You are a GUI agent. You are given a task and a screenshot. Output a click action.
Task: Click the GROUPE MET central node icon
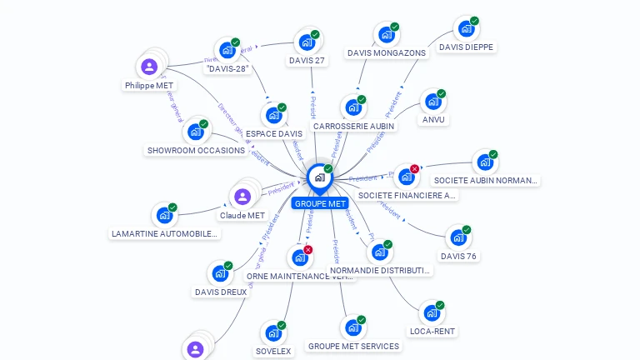pyautogui.click(x=318, y=177)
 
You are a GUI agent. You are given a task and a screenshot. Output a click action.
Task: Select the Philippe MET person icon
pyautogui.click(x=149, y=67)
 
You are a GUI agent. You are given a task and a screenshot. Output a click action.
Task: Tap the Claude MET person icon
pyautogui.click(x=242, y=197)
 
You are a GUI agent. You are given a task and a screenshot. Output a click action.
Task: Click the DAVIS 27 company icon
pyautogui.click(x=306, y=42)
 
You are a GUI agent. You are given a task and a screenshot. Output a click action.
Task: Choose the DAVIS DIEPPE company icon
pyautogui.click(x=466, y=28)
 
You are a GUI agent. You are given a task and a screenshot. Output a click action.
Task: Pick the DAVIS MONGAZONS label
pyautogui.click(x=386, y=52)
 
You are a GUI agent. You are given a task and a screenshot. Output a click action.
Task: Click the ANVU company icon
pyautogui.click(x=432, y=102)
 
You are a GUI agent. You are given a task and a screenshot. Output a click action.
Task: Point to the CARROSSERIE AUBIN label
pyautogui.click(x=353, y=126)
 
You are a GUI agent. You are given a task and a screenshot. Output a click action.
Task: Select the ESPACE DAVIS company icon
pyautogui.click(x=272, y=115)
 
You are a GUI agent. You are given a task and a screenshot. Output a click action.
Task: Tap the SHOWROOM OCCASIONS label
pyautogui.click(x=196, y=150)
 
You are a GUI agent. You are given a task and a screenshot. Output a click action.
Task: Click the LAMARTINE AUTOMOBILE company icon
pyautogui.click(x=164, y=215)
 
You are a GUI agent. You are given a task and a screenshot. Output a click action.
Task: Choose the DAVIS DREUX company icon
pyautogui.click(x=220, y=273)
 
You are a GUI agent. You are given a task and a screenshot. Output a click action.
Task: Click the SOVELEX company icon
pyautogui.click(x=272, y=333)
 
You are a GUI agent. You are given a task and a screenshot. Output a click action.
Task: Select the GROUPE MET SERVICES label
pyautogui.click(x=353, y=346)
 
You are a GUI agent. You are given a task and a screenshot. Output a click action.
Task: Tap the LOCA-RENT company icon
pyautogui.click(x=432, y=313)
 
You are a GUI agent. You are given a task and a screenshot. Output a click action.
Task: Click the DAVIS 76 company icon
pyautogui.click(x=457, y=237)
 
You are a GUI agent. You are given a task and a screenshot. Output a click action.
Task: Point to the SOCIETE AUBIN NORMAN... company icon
pyautogui.click(x=484, y=162)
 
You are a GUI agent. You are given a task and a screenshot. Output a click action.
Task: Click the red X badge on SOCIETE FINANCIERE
pyautogui.click(x=414, y=169)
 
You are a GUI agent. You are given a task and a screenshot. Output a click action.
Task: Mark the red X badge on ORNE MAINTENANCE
pyautogui.click(x=308, y=250)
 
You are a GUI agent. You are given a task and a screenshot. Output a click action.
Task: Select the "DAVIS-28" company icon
pyautogui.click(x=227, y=50)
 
